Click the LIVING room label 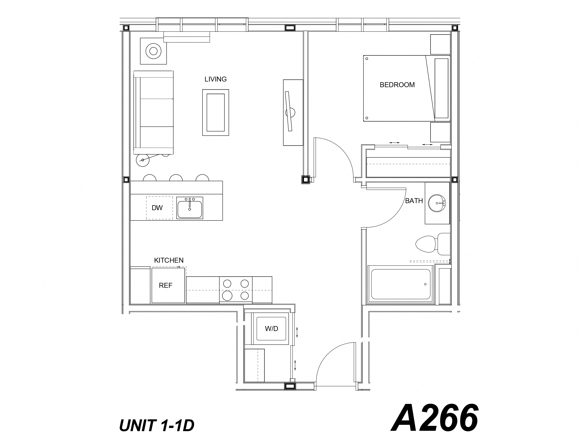pyautogui.click(x=215, y=79)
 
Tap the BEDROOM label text pyautogui.click(x=397, y=85)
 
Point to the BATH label pyautogui.click(x=414, y=201)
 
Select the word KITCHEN pyautogui.click(x=169, y=260)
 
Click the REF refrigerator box pyautogui.click(x=168, y=285)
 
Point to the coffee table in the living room pyautogui.click(x=215, y=113)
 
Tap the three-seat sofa pyautogui.click(x=153, y=113)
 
